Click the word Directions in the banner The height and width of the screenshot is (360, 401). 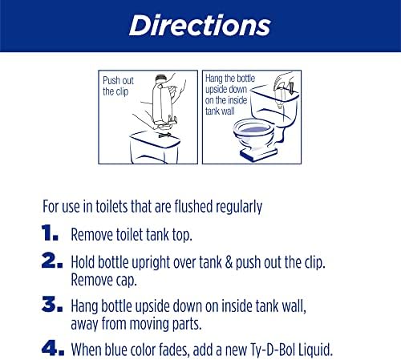pyautogui.click(x=200, y=26)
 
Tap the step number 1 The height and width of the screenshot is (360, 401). pyautogui.click(x=50, y=233)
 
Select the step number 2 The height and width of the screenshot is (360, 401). pyautogui.click(x=52, y=260)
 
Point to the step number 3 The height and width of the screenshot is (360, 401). pyautogui.click(x=52, y=304)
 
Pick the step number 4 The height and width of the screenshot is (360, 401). pyautogui.click(x=53, y=348)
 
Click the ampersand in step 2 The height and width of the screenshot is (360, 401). pyautogui.click(x=229, y=262)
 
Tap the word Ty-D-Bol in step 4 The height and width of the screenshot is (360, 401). pyautogui.click(x=273, y=350)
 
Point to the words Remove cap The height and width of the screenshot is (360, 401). pyautogui.click(x=104, y=281)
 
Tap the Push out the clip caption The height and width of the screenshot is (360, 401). pyautogui.click(x=118, y=86)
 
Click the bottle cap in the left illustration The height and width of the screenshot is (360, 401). pyautogui.click(x=161, y=79)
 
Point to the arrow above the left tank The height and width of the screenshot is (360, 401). pyautogui.click(x=165, y=135)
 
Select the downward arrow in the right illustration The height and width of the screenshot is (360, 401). pyautogui.click(x=291, y=88)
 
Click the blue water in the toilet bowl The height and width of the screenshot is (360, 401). pyautogui.click(x=254, y=130)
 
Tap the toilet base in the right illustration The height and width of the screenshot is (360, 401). pyautogui.click(x=258, y=154)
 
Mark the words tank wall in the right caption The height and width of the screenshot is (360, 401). pyautogui.click(x=220, y=111)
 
